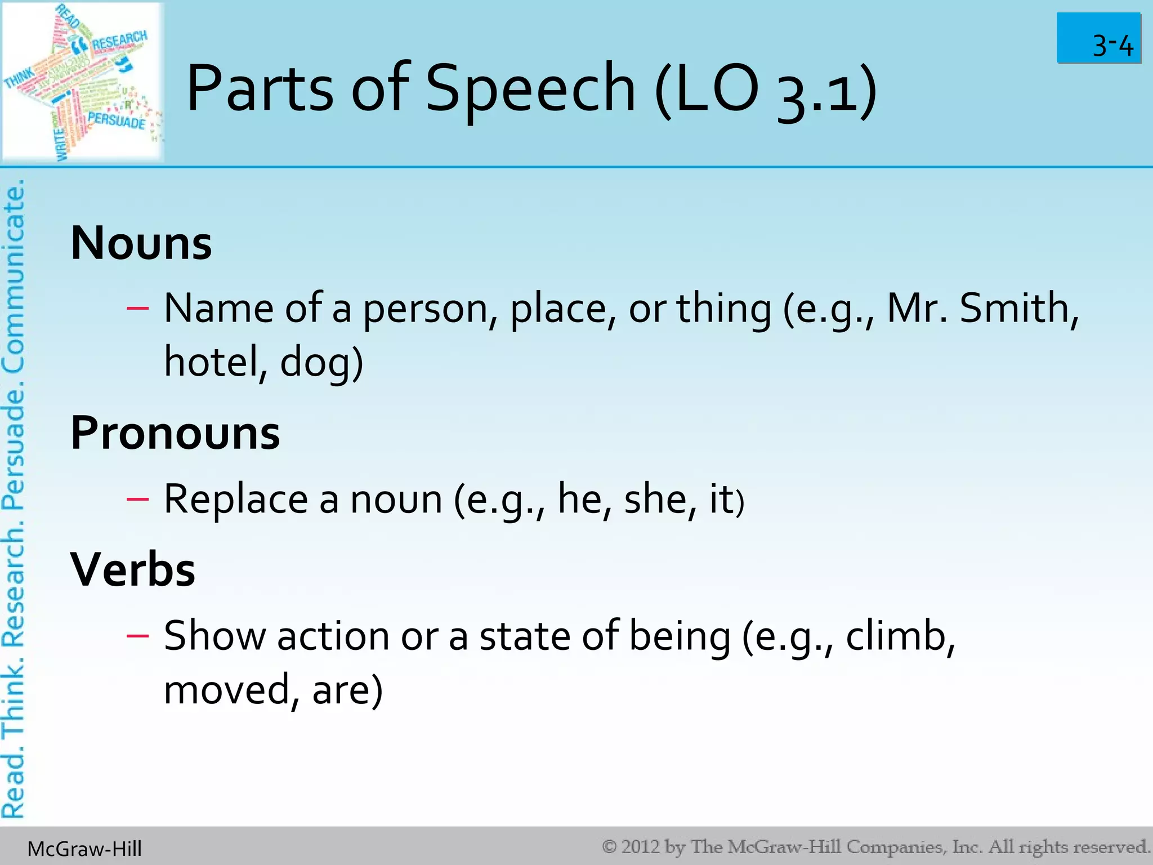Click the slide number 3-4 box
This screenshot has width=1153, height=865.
pyautogui.click(x=1098, y=38)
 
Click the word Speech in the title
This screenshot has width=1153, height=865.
pyautogui.click(x=530, y=89)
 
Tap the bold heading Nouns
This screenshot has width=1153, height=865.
pyautogui.click(x=141, y=243)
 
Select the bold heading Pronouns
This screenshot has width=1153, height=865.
pyautogui.click(x=175, y=433)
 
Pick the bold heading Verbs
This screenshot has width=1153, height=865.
pyautogui.click(x=133, y=570)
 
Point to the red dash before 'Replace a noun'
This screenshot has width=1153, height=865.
pyautogui.click(x=137, y=499)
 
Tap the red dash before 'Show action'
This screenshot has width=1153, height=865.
pyautogui.click(x=137, y=636)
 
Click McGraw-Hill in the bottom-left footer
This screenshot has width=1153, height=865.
pyautogui.click(x=84, y=849)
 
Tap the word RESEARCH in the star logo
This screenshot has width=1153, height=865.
pyautogui.click(x=119, y=41)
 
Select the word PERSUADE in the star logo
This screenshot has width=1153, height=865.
pyautogui.click(x=117, y=120)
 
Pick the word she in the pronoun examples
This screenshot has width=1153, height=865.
pyautogui.click(x=653, y=499)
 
